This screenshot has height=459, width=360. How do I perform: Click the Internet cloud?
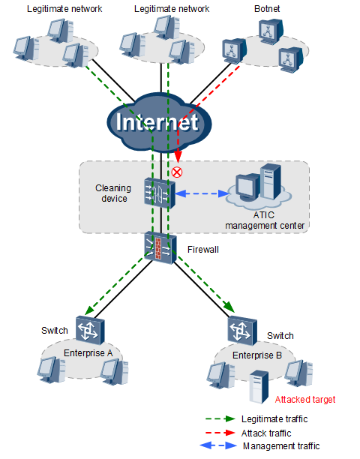[x=159, y=123]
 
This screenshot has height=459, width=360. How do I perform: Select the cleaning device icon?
[x=160, y=193]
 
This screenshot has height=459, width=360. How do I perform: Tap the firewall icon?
[x=160, y=247]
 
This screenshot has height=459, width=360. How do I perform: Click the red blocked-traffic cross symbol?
[x=177, y=172]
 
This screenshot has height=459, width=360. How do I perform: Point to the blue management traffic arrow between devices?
[x=202, y=193]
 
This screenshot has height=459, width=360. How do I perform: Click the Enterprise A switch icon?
[x=90, y=330]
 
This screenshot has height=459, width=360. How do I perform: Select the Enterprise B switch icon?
[x=242, y=331]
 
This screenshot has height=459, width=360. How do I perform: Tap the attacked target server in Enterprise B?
[x=259, y=387]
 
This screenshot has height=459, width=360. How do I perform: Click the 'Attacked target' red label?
[x=305, y=400]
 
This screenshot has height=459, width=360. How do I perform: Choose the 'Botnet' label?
[x=267, y=9]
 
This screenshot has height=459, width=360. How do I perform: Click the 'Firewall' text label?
[x=203, y=250]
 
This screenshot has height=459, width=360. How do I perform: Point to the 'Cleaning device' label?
[x=113, y=193]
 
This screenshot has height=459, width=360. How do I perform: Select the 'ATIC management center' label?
[x=265, y=220]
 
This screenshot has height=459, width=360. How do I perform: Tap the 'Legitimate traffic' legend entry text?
[x=274, y=419]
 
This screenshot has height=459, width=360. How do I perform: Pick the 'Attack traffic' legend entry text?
[x=266, y=433]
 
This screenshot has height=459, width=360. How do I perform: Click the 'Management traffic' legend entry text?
[x=281, y=445]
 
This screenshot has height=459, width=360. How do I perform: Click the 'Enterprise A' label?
[x=88, y=353]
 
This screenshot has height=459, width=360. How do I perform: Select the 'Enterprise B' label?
[x=257, y=355]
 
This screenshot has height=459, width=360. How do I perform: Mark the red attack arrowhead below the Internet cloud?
[x=178, y=156]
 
